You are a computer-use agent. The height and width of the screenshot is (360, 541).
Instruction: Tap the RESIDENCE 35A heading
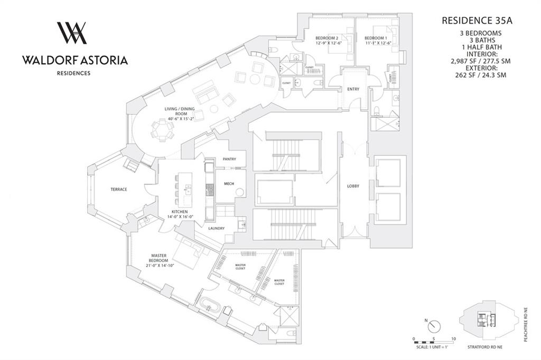(x=477, y=21)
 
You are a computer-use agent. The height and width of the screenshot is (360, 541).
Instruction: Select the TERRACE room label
(x=118, y=190)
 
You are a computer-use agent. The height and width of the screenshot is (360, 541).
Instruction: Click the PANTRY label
(x=229, y=159)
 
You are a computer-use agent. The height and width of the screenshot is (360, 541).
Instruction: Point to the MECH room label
(x=229, y=184)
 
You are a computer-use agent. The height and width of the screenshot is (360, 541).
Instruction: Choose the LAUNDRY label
(x=216, y=228)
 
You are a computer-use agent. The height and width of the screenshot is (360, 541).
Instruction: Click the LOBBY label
(x=353, y=186)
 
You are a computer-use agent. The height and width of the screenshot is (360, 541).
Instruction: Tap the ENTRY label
(x=353, y=89)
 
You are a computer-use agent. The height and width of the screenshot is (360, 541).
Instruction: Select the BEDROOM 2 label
(x=327, y=38)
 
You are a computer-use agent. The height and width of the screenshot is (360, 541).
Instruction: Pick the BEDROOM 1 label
(x=376, y=38)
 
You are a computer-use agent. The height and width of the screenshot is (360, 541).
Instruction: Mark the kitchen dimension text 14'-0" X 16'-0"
(x=179, y=216)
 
